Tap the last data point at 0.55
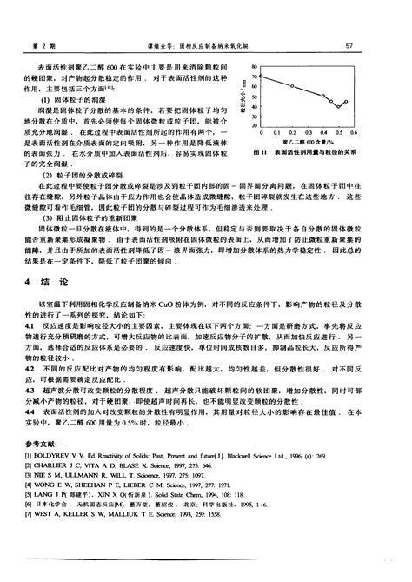tap(346, 102)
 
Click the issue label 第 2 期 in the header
tap(38, 46)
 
